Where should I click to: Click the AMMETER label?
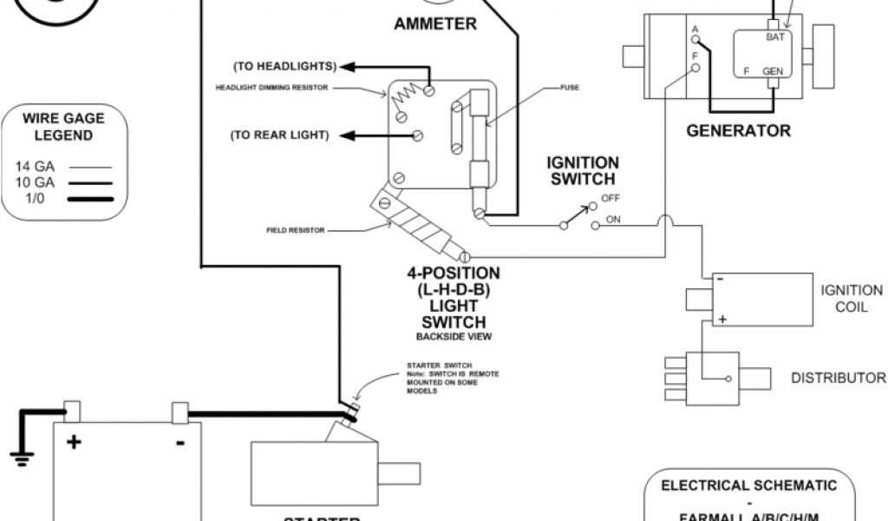[x=434, y=24]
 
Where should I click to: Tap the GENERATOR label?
[x=738, y=131]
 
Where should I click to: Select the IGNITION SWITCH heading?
[x=583, y=171]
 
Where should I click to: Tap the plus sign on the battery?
[x=74, y=442]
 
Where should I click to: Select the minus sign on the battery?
[x=180, y=442]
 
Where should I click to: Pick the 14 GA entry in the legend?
[x=33, y=165]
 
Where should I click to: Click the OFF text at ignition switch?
[x=610, y=198]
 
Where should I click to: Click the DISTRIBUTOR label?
[x=838, y=378]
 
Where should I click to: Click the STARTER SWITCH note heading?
[x=434, y=366]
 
